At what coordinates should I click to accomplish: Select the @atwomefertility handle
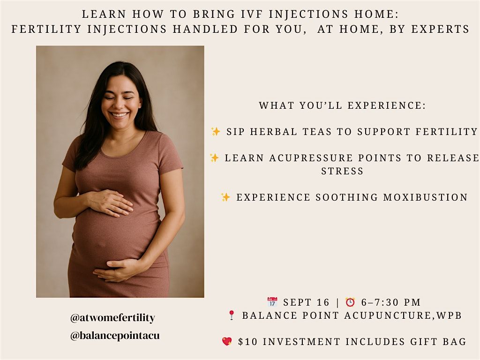[112, 318]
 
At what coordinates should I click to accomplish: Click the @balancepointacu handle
[115, 336]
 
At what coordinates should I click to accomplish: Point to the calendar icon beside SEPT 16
[272, 302]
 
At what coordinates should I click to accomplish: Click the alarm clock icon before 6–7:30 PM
[350, 302]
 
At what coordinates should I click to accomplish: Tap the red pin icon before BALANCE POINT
[232, 315]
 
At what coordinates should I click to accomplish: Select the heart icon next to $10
[227, 341]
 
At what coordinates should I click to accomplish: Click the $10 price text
[248, 342]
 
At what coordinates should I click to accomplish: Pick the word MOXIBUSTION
[426, 197]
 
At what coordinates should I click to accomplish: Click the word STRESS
[342, 171]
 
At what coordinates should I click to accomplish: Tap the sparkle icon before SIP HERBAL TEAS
[216, 131]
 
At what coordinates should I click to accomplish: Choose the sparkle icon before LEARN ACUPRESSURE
[214, 157]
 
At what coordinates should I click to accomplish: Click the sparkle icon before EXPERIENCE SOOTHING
[225, 197]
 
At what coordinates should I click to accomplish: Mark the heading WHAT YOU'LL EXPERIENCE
[342, 105]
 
